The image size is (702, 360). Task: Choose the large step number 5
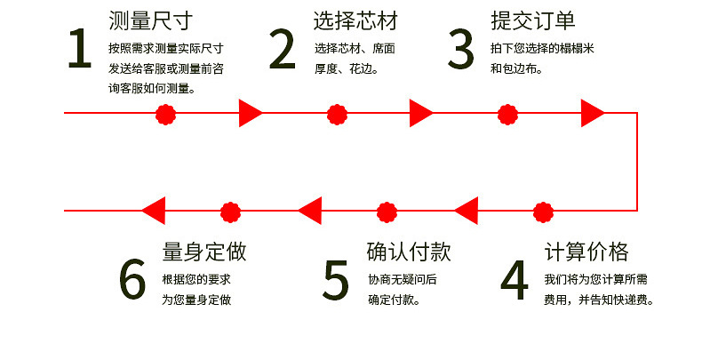coord(336,280)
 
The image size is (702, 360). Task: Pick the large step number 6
coord(132,280)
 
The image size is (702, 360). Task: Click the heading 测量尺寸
coord(150,20)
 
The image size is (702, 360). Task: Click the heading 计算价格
coord(586,252)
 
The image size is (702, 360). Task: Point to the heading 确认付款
coord(410,252)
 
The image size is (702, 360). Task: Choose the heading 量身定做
coord(204,252)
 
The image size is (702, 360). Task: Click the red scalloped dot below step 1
coord(165,113)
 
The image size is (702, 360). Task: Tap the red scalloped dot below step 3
coord(507,113)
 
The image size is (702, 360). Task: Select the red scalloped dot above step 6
coord(231,212)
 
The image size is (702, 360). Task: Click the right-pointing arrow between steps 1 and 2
coord(250,113)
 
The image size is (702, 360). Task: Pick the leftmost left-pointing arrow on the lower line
coord(154,212)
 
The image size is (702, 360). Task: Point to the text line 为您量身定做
coord(196,300)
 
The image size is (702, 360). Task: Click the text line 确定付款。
coord(395,300)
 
